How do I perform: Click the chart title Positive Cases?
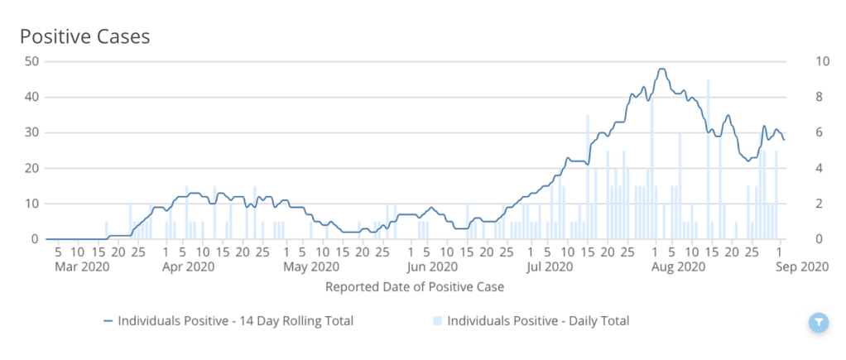tap(84, 37)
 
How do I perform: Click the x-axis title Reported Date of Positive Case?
tap(415, 287)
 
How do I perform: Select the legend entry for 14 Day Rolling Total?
tap(228, 321)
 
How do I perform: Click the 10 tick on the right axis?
tap(800, 61)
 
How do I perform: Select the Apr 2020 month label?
tap(188, 266)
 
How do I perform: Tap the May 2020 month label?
tap(310, 266)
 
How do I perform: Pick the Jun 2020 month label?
tap(431, 266)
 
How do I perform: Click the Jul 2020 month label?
tap(550, 266)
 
